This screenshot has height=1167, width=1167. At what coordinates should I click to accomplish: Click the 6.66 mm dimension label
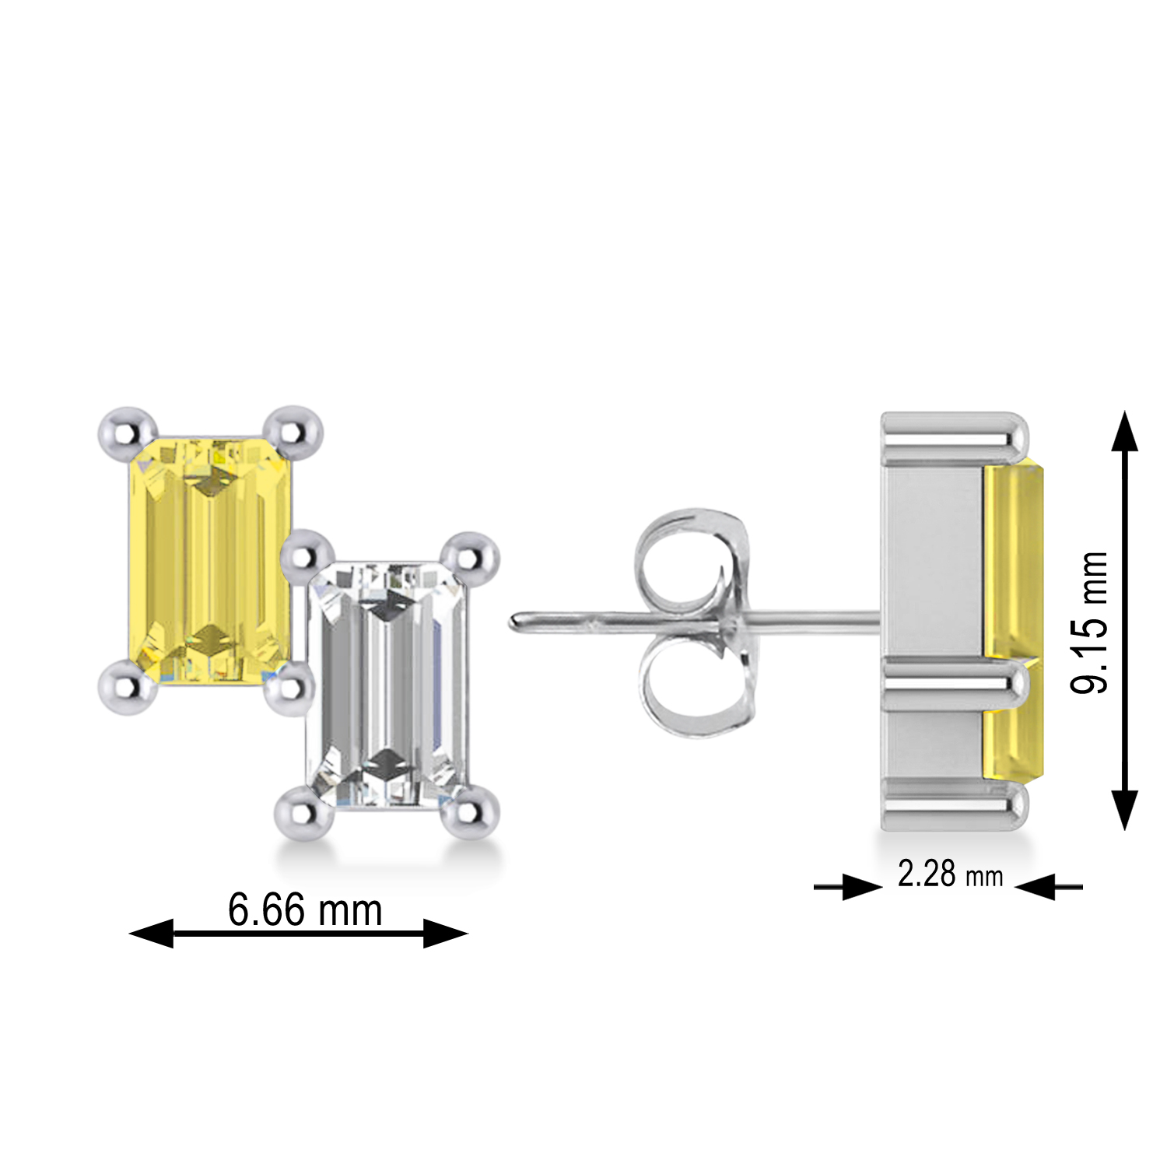(305, 909)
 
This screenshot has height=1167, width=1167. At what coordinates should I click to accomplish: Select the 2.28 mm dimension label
(950, 874)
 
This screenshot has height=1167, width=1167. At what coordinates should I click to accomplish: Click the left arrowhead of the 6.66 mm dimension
(151, 933)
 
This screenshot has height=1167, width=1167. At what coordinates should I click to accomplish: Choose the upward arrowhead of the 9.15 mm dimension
(1124, 432)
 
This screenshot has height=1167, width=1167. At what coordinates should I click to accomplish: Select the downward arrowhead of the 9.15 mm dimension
(1124, 809)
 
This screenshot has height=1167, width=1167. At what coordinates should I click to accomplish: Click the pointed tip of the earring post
(515, 622)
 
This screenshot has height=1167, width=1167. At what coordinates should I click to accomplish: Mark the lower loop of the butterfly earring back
(685, 685)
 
